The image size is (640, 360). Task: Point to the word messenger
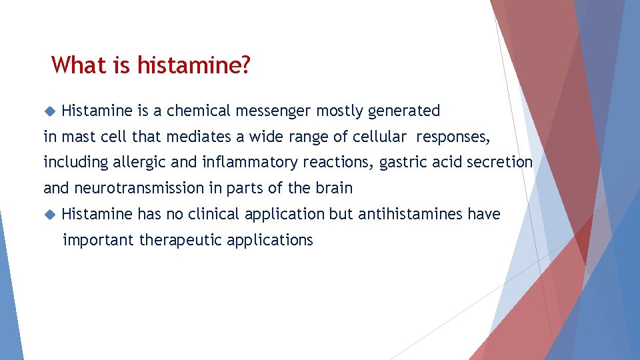(x=280, y=111)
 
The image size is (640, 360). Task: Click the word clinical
(x=215, y=214)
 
